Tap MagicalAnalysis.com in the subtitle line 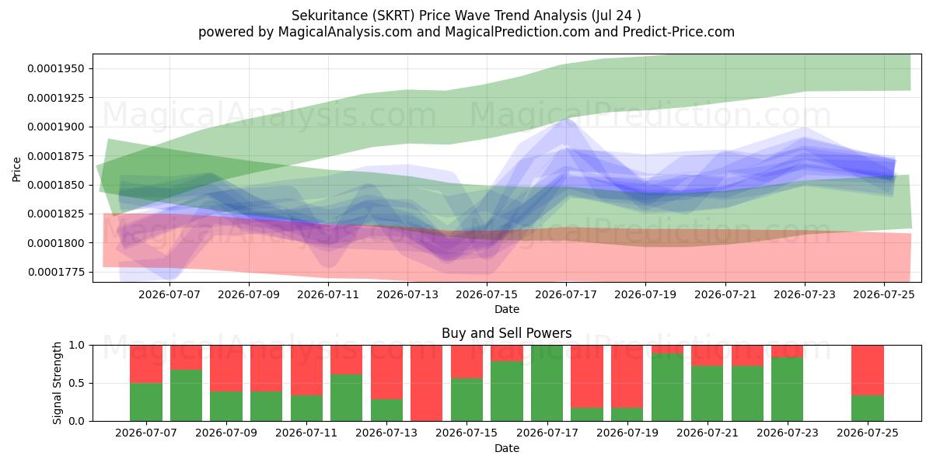[345, 32]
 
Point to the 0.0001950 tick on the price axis [56, 68]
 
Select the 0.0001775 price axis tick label [56, 272]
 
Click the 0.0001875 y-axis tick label [56, 156]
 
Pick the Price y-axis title [16, 169]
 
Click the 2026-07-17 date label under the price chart [566, 294]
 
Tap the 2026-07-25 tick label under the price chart [884, 294]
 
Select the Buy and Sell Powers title [506, 333]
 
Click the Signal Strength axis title [57, 383]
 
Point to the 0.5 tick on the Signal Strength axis [77, 383]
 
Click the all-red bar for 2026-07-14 [427, 383]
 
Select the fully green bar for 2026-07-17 [547, 383]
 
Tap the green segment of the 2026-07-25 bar [868, 408]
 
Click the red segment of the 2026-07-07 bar [146, 364]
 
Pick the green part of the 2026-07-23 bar [787, 389]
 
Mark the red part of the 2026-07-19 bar [627, 377]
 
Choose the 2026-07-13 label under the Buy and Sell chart [386, 433]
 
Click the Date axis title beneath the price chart [506, 310]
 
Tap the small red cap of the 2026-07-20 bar [667, 349]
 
